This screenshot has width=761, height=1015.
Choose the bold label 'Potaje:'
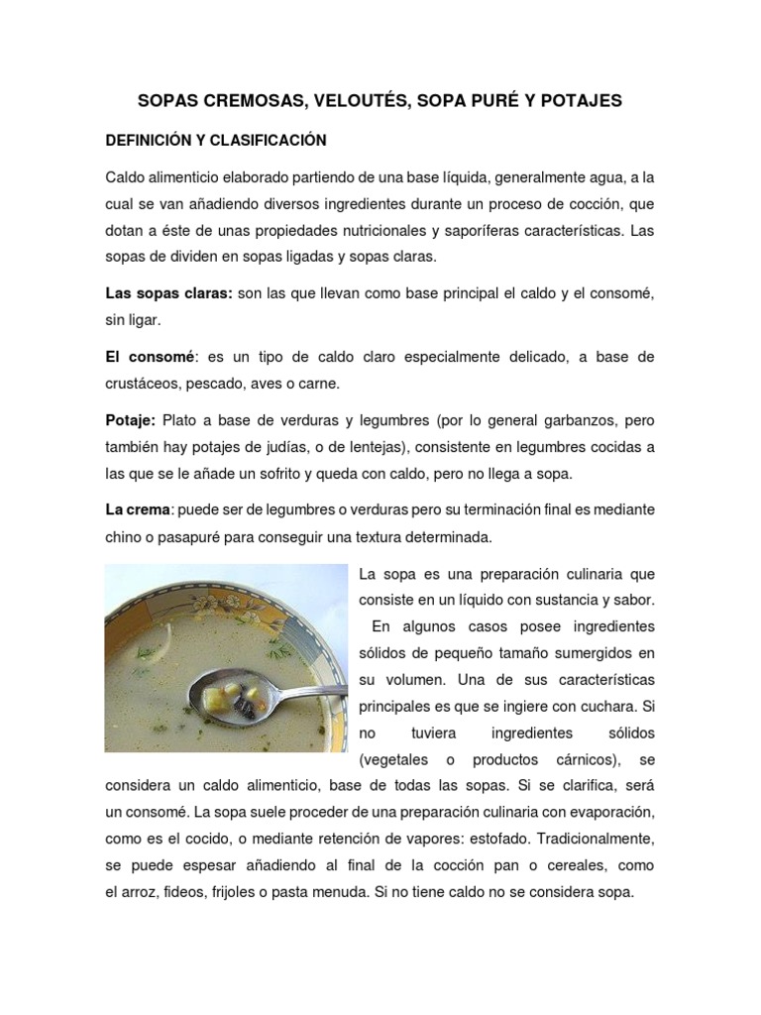point(131,419)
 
